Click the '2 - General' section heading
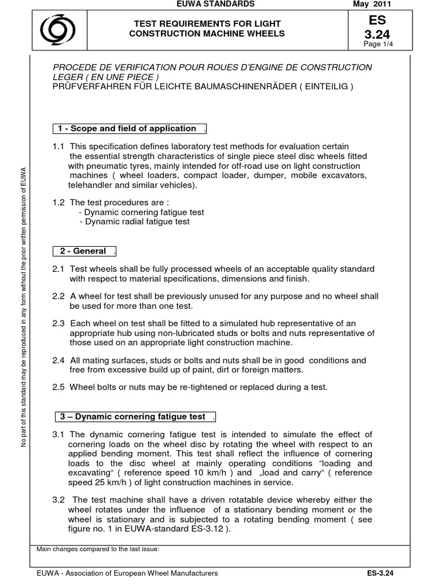click(85, 251)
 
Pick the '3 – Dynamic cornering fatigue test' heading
click(135, 416)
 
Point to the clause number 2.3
click(58, 324)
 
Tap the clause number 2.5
click(58, 387)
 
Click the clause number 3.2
click(58, 500)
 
